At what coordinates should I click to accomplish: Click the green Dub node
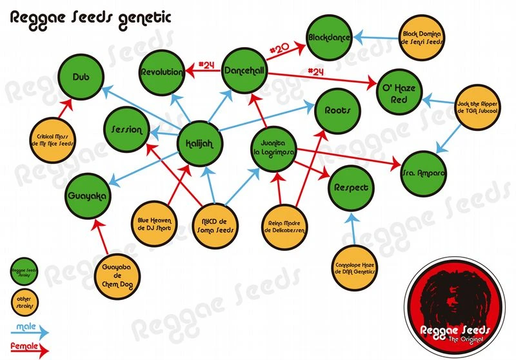tap(81, 76)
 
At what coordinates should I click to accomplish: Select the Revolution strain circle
tap(161, 72)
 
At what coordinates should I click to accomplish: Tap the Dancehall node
tap(244, 72)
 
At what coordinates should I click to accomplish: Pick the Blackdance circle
tap(329, 38)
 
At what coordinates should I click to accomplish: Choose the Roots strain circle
tap(336, 110)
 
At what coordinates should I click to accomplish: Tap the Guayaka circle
tap(87, 194)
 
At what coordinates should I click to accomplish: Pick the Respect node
tap(352, 188)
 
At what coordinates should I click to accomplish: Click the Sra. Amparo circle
tap(423, 174)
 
